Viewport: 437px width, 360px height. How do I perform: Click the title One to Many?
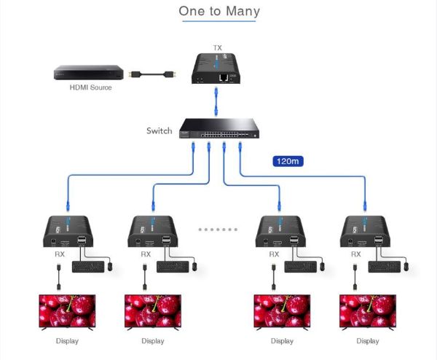pos(219,11)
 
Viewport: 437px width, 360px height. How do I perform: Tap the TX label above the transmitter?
pos(217,48)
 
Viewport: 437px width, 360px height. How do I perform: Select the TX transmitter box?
pos(217,68)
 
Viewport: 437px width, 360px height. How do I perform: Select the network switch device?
pos(216,130)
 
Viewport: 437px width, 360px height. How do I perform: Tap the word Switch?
pos(160,131)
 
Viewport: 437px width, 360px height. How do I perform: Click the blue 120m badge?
pos(287,161)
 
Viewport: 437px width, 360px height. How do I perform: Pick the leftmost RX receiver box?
pos(70,232)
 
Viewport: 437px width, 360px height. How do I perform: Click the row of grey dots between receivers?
pos(218,228)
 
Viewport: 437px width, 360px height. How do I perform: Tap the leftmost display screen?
pos(67,312)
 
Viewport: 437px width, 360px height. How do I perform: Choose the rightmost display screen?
pos(366,312)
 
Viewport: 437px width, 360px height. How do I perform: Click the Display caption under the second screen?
pos(153,341)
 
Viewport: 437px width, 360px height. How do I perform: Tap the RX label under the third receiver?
pos(274,254)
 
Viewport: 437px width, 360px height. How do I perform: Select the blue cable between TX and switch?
pos(216,101)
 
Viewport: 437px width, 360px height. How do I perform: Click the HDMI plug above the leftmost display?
pos(58,278)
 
